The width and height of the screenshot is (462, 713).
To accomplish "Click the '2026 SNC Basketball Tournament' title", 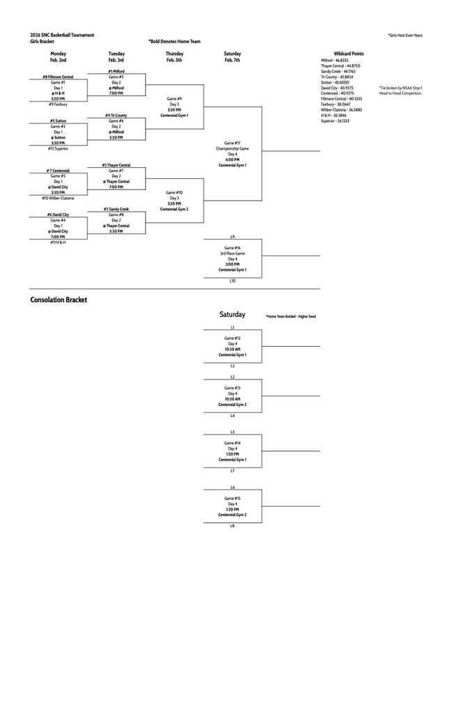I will (x=62, y=35).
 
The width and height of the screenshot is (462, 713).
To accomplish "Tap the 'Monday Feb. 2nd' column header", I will (x=58, y=57).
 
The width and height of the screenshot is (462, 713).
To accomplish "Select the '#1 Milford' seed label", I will (x=116, y=72).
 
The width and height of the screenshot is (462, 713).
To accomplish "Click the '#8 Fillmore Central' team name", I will (x=58, y=77).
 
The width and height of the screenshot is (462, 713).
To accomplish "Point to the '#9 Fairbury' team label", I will (x=58, y=104).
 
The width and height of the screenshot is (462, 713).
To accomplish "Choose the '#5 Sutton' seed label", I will (x=58, y=120).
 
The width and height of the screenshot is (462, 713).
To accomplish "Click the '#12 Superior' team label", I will (x=58, y=148).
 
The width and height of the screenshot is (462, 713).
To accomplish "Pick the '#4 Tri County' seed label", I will (x=116, y=116).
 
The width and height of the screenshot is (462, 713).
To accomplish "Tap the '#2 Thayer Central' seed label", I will (x=116, y=165).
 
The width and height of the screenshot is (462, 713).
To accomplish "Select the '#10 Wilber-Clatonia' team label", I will (x=58, y=198).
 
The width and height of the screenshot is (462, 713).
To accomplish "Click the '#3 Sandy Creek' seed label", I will (x=116, y=209).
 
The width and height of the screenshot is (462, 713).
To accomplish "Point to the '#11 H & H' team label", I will (x=58, y=242).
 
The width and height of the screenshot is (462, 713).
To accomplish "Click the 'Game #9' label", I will (x=174, y=99).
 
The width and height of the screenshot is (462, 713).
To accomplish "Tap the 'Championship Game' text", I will (x=232, y=148).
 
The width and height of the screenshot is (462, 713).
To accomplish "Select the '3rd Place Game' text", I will (x=232, y=253).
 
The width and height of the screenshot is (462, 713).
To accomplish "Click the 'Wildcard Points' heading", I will (x=348, y=54).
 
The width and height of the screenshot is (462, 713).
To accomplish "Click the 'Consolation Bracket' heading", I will (x=59, y=300).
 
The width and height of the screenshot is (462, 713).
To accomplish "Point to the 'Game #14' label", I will (x=232, y=443).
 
